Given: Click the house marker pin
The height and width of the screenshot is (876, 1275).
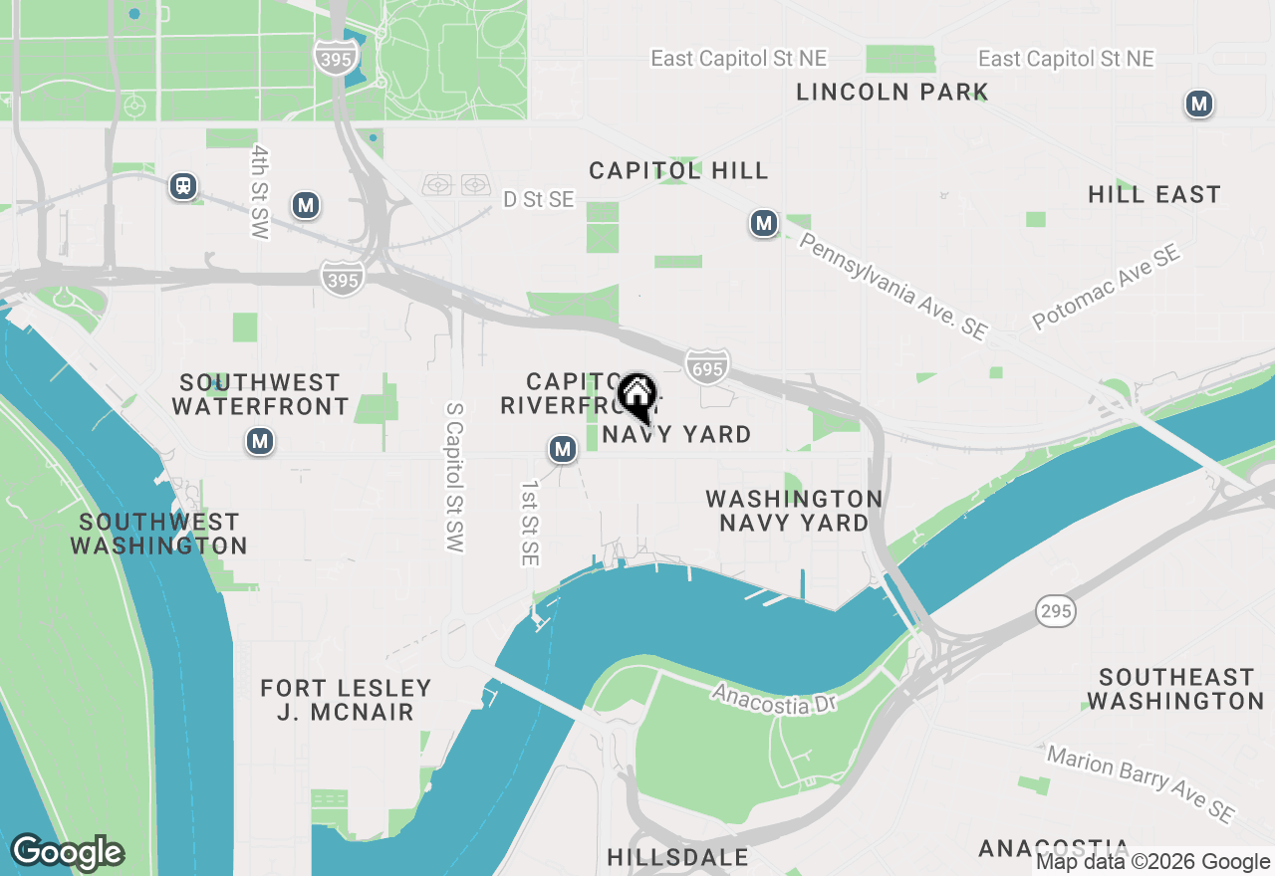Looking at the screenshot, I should point(637,395).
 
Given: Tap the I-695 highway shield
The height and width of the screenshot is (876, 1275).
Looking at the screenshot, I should point(706,365).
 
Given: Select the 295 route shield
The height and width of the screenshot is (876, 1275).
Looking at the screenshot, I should point(1056,610).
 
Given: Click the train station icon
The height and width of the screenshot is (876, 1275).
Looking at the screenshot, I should point(183,186).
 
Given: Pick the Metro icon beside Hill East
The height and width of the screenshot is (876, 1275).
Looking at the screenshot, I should point(1199,104).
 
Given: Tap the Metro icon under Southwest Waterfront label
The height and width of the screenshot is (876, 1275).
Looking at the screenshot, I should point(260,441).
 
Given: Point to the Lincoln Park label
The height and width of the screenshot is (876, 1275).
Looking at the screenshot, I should point(892,93).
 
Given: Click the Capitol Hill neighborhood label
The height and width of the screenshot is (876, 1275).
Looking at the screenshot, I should point(678,171).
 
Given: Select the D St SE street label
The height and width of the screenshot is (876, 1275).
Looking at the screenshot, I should point(538,200).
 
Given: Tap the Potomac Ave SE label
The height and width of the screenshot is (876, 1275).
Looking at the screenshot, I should point(1106,287).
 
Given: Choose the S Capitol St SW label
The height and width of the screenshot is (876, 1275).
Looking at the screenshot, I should point(455,478).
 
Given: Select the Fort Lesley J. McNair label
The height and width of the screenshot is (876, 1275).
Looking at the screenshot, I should point(346,700).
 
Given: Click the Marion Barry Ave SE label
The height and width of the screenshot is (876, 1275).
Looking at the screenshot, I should point(1142,782).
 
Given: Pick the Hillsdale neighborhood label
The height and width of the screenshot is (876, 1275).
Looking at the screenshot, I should point(677,858).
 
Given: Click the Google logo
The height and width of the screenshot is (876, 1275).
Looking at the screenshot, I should point(68,853).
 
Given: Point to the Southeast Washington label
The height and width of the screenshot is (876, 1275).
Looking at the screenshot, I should point(1175,689).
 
